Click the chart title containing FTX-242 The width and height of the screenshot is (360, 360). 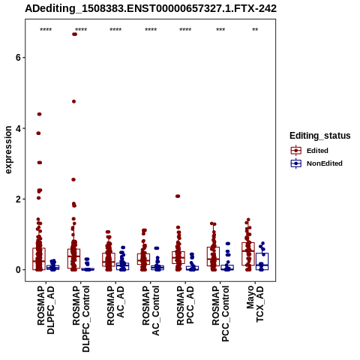(151, 8)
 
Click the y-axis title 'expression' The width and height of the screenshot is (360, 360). (8, 150)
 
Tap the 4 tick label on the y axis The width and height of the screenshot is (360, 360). (17, 128)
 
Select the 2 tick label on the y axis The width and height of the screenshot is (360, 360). (17, 199)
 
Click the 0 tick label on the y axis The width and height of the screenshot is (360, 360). (17, 270)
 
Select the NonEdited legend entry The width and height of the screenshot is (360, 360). (316, 163)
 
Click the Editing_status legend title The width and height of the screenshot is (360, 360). (320, 136)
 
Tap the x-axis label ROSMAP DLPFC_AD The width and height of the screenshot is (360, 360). (46, 310)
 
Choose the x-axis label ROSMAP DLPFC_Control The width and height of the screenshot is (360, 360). (81, 319)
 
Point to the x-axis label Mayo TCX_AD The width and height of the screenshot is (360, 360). (255, 304)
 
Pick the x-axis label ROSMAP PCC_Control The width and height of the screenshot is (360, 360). (220, 314)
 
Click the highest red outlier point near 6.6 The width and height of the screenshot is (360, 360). (74, 34)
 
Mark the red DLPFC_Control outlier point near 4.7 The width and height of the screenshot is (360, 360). (73, 101)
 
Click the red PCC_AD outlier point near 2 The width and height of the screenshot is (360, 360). (178, 196)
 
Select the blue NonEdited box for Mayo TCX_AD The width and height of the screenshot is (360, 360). (262, 261)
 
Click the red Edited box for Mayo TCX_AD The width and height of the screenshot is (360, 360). (248, 253)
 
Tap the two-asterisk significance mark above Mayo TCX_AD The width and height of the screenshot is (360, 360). (255, 30)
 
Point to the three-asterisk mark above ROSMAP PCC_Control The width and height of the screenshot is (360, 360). (220, 30)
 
